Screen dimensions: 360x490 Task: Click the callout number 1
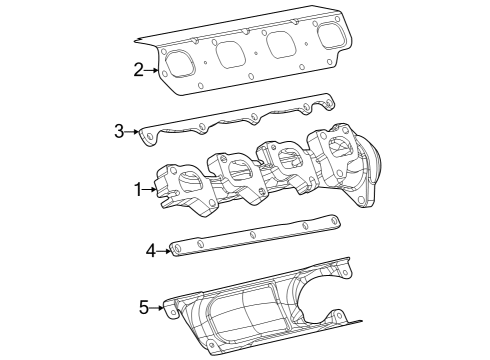[139, 189]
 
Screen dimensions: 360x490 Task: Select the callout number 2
[139, 69]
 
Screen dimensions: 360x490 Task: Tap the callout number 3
[119, 130]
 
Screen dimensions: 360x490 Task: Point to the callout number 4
[151, 250]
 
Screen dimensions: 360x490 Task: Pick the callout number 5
[144, 307]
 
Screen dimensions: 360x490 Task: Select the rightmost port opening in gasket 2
[332, 36]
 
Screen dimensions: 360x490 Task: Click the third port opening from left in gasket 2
[283, 45]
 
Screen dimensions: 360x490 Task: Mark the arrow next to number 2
[153, 69]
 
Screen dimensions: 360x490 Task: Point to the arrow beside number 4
[165, 250]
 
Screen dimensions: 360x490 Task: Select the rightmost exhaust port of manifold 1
[338, 147]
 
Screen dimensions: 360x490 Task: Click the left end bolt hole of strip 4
[177, 247]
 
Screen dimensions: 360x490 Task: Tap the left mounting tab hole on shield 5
[171, 310]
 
